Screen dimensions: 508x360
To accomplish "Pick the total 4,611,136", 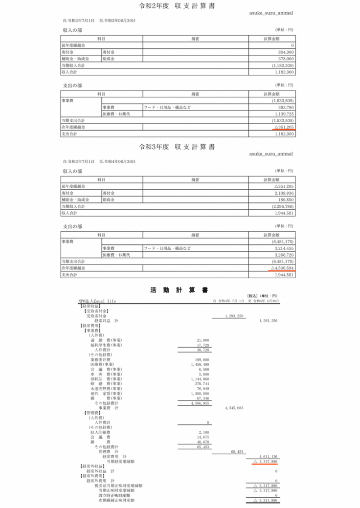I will (x=269, y=456).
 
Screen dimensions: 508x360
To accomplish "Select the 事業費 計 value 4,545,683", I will (x=233, y=407).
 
